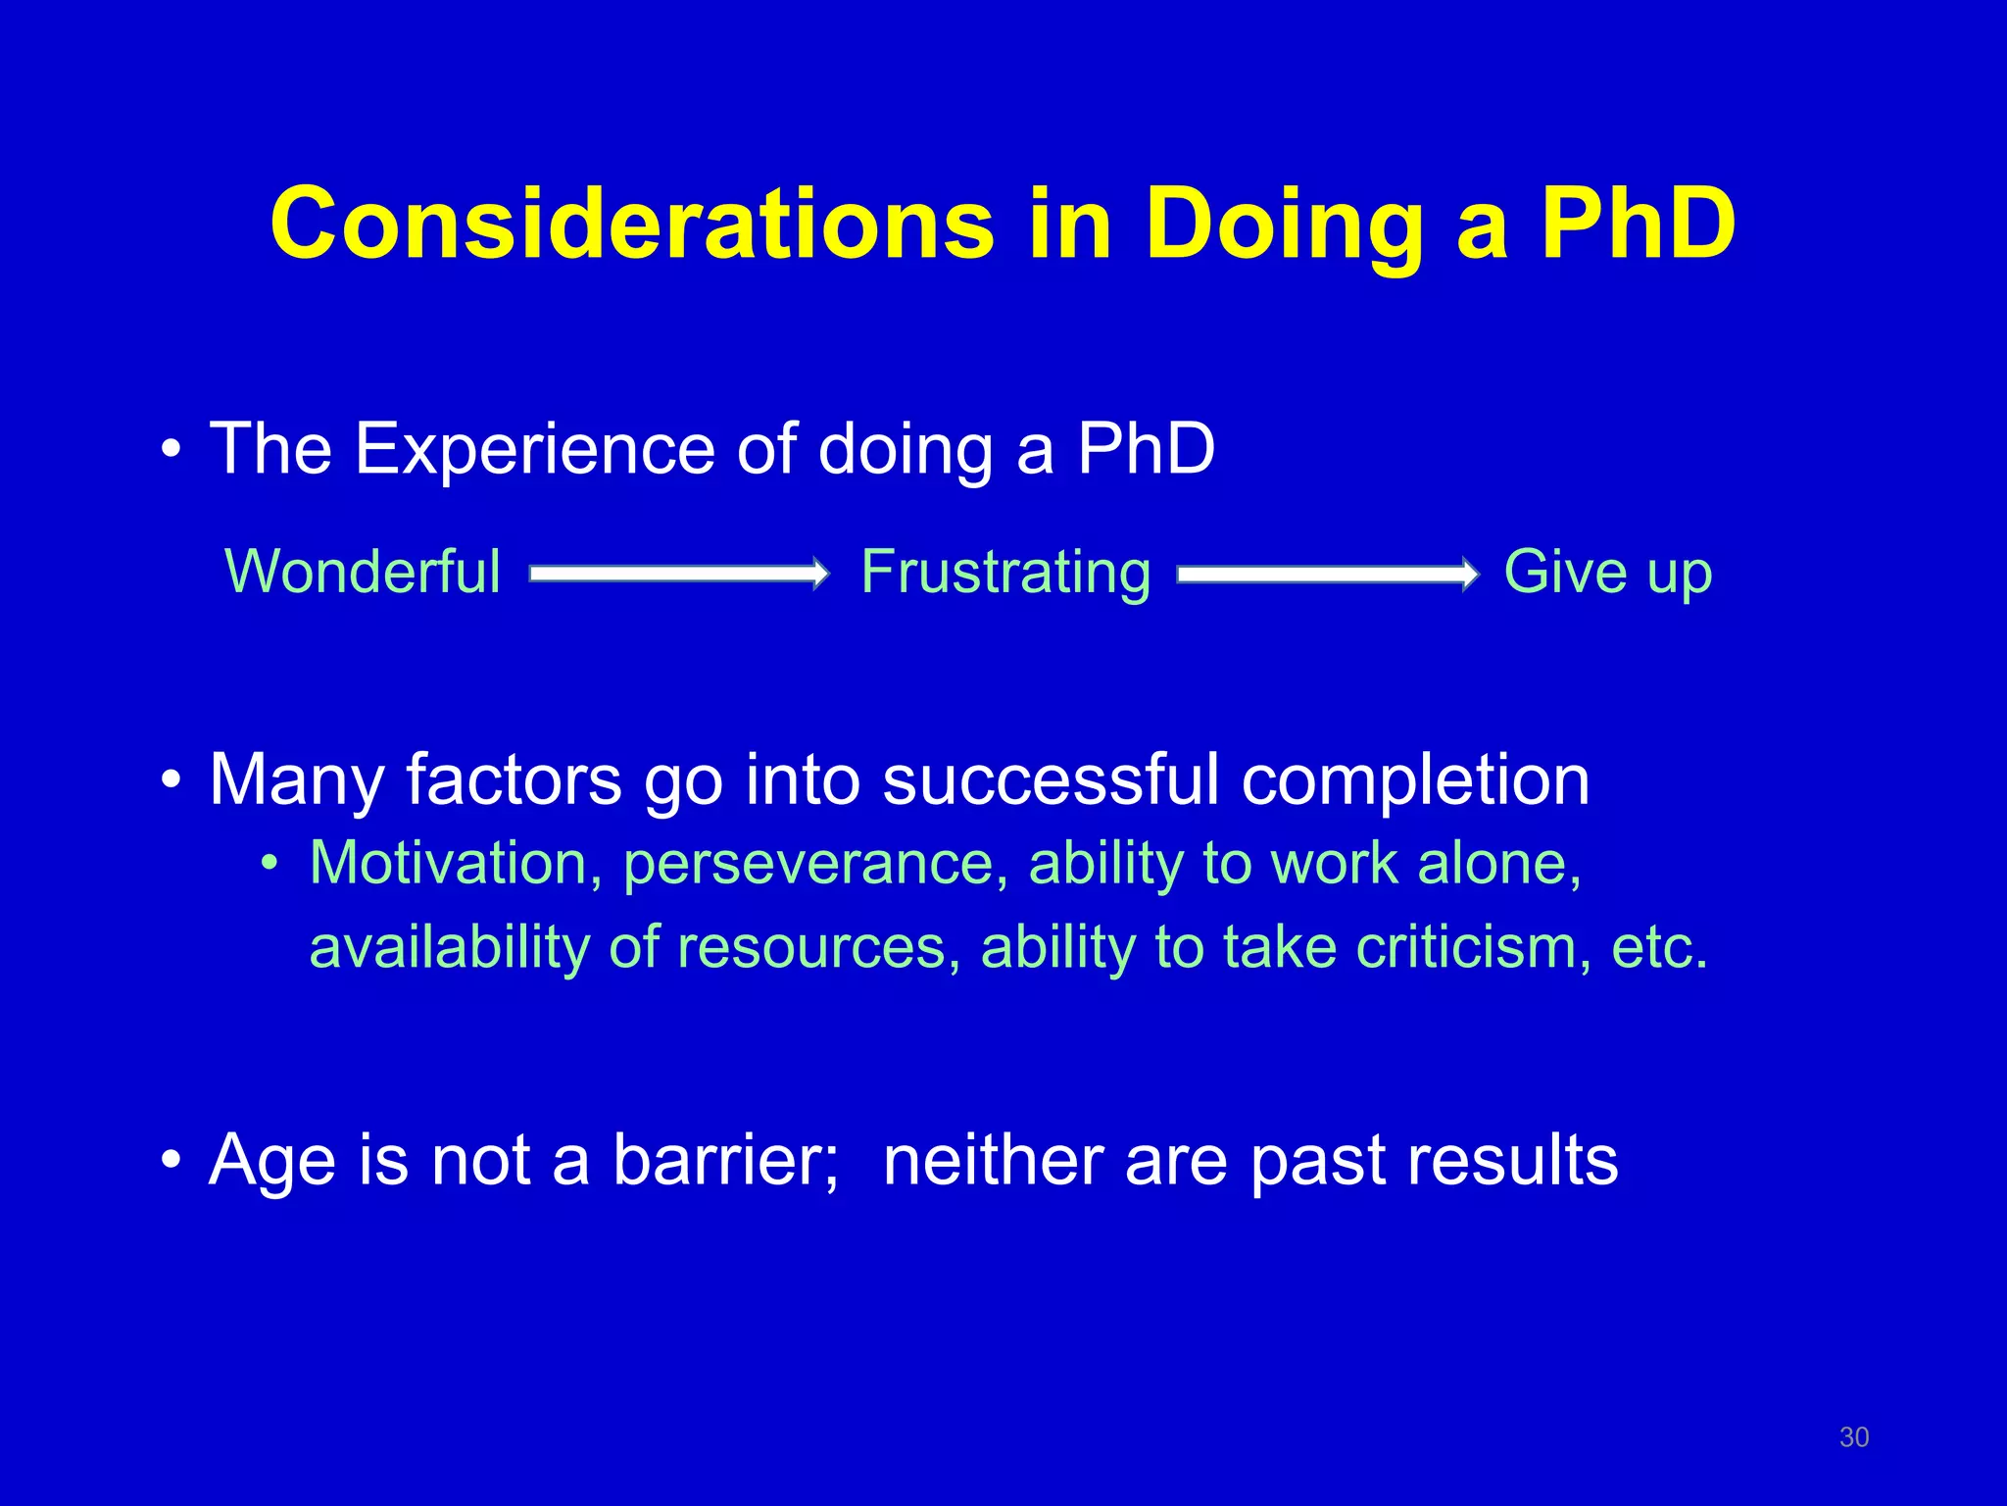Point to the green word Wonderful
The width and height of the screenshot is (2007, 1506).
363,572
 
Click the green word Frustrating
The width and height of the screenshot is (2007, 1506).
1005,572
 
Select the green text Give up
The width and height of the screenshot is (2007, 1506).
1607,572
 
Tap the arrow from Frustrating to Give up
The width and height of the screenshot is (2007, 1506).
1328,574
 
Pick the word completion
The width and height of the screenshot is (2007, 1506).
1415,780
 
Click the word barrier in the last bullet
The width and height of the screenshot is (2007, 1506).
726,1160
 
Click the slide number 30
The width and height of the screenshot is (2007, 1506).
1853,1437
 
